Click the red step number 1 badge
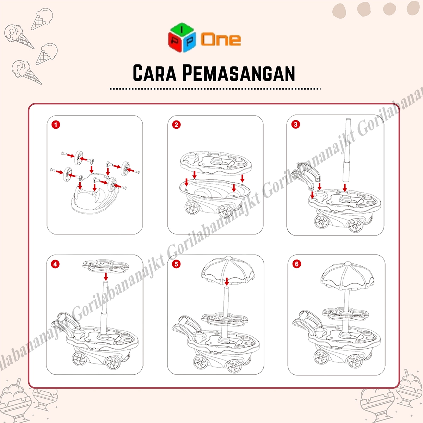tap(56, 125)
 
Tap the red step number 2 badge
tap(176, 125)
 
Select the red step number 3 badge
tap(295, 124)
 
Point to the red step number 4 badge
tap(55, 264)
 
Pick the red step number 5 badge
tap(176, 264)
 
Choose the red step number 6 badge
tap(297, 264)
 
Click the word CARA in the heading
tap(154, 73)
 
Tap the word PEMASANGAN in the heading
tap(239, 73)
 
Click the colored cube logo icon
tap(182, 37)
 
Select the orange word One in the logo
tap(221, 39)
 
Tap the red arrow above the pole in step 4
tap(106, 276)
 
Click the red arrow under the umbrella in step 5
tap(227, 281)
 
